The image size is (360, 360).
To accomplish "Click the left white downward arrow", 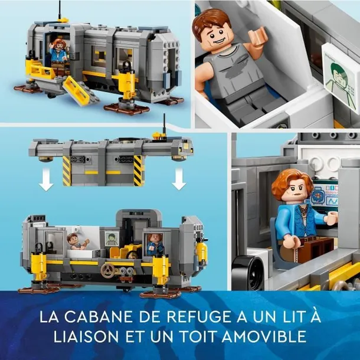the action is (46, 179).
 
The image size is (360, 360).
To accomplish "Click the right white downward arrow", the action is (179, 179).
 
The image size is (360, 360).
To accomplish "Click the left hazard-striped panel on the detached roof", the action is (67, 171).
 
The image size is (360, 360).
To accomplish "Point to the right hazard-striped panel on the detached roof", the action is (138, 171).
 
